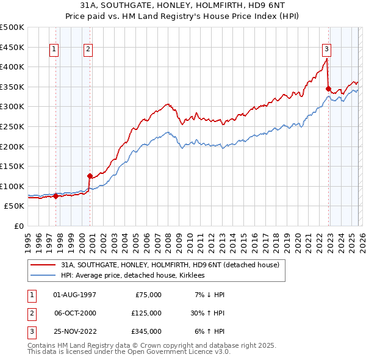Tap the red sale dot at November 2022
click(x=328, y=89)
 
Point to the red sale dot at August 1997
click(x=56, y=196)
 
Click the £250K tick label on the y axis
click(x=12, y=126)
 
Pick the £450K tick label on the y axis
click(x=12, y=47)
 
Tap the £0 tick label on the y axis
click(x=18, y=226)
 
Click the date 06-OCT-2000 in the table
click(x=75, y=312)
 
